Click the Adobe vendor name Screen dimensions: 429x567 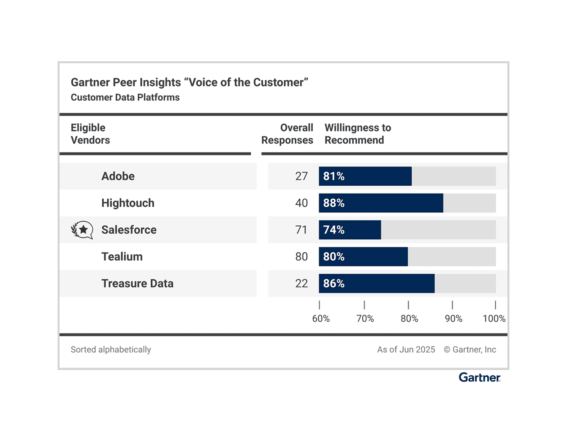(118, 176)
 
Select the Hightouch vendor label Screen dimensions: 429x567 (128, 203)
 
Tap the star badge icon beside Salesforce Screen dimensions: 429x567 (82, 230)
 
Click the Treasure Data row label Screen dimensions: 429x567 (137, 283)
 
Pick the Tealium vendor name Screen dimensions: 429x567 (122, 257)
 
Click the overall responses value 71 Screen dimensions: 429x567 (301, 230)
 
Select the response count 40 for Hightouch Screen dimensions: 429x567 (301, 203)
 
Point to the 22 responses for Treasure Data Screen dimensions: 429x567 (301, 283)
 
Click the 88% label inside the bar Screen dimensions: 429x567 (334, 203)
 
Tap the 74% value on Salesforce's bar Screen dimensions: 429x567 (334, 230)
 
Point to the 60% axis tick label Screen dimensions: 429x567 (321, 319)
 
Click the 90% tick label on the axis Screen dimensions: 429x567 (453, 319)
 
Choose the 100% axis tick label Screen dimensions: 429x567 (494, 319)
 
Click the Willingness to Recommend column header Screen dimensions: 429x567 (357, 134)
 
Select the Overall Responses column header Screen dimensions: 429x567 (287, 134)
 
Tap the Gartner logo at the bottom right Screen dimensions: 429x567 (479, 377)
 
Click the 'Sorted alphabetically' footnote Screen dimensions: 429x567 (111, 350)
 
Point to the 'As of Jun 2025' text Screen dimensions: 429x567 (406, 350)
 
